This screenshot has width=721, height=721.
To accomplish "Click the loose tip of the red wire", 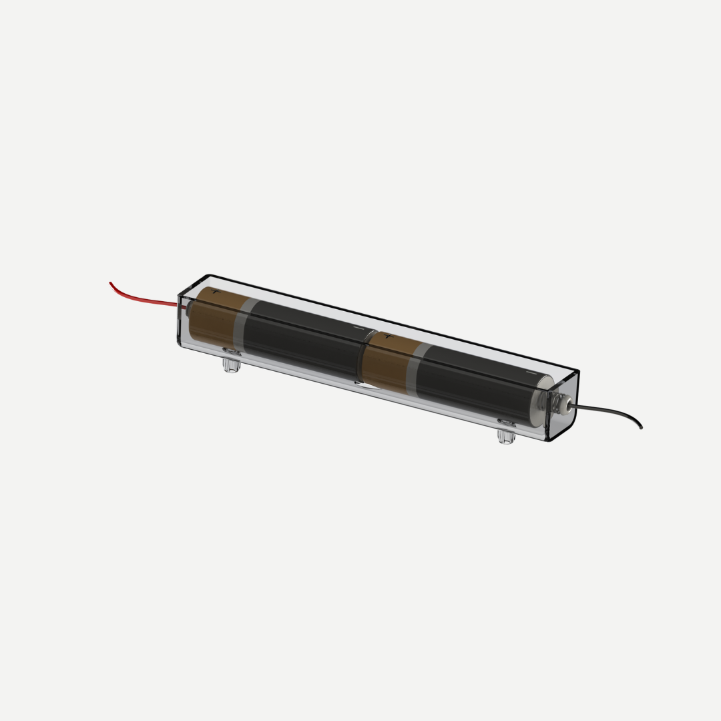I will click(x=111, y=283).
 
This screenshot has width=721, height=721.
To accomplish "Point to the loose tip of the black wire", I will click(x=641, y=427).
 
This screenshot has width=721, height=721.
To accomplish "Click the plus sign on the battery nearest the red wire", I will click(x=214, y=292).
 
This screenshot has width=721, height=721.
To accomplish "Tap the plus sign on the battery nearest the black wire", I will click(x=387, y=336).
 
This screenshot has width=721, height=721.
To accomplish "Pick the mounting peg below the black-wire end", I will click(x=506, y=437).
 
